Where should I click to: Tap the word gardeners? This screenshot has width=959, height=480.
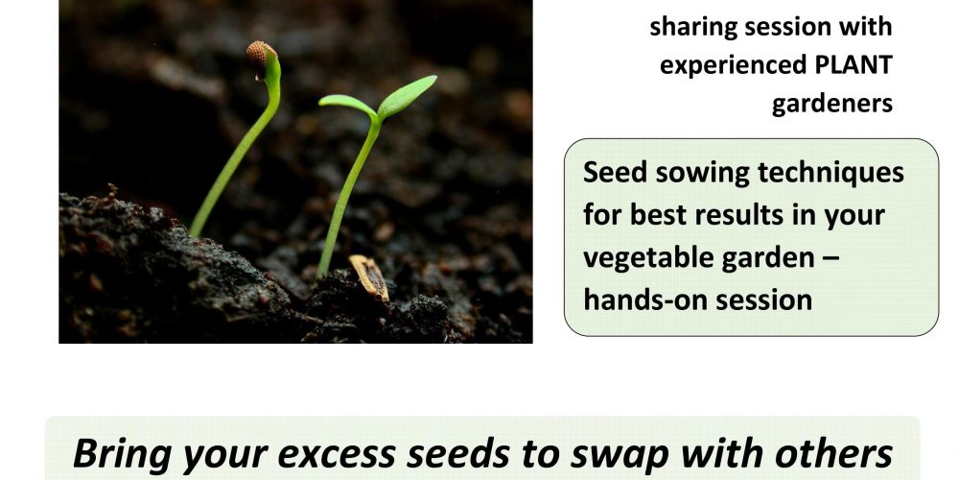[831, 105]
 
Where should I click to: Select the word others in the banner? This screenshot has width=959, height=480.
[833, 454]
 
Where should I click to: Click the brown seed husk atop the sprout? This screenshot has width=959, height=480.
[259, 55]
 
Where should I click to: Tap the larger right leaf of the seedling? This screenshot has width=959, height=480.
[407, 96]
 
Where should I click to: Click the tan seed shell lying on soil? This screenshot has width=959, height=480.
[369, 276]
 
